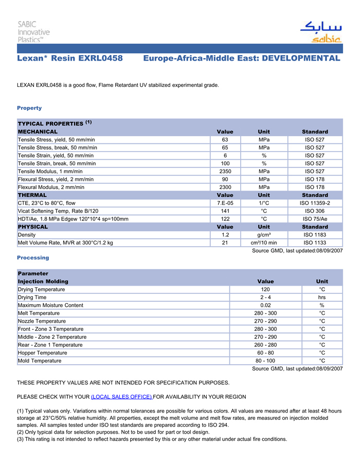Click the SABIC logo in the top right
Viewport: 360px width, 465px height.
320,32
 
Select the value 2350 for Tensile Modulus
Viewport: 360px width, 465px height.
225,171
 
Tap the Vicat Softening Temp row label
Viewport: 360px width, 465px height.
58,211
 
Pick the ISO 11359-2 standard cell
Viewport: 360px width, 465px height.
315,203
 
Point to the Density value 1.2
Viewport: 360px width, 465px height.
225,235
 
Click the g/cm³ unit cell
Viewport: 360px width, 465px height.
264,235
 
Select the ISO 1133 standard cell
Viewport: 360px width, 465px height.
315,243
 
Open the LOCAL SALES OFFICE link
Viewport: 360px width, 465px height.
121,397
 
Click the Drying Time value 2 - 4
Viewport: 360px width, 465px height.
265,297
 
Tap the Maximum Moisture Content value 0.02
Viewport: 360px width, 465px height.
265,305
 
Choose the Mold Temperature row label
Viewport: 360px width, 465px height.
40,361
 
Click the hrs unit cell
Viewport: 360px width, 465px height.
322,297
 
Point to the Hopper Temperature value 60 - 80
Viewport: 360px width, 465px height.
265,353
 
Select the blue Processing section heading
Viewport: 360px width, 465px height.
33,257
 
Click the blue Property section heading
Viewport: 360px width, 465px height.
29,108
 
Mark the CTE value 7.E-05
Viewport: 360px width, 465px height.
225,203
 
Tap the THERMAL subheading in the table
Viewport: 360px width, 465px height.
32,195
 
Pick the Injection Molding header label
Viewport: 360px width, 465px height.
43,282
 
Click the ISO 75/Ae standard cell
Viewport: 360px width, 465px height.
315,219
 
